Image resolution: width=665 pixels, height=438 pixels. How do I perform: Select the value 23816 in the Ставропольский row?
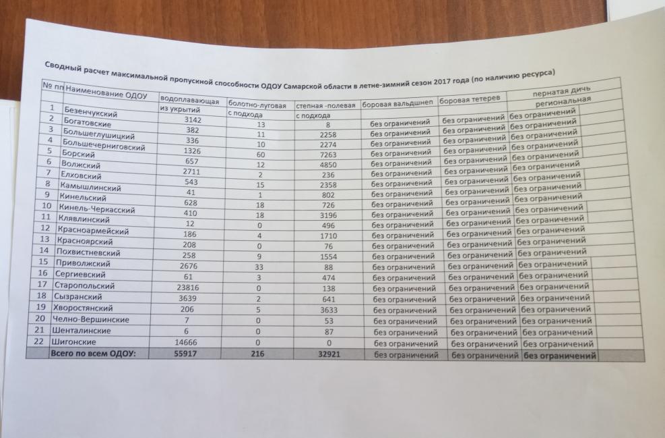click(183, 286)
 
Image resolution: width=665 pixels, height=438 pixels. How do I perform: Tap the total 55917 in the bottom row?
click(183, 354)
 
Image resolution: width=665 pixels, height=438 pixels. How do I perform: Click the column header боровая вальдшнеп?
click(398, 106)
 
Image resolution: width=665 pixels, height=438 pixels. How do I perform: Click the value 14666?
click(183, 342)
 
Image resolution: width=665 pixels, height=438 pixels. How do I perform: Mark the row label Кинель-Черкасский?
click(97, 210)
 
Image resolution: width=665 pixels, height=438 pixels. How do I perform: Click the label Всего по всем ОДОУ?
click(97, 354)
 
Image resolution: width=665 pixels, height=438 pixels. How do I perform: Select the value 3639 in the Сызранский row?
click(183, 297)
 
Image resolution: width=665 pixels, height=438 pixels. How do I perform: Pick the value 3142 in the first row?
click(184, 120)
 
